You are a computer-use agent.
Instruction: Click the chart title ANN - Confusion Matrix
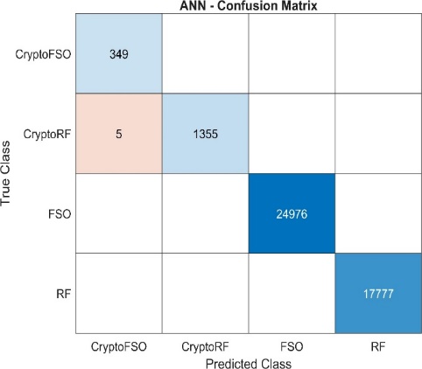(249, 5)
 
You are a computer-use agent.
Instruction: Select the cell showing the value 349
(119, 53)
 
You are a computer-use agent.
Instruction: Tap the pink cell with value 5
(119, 134)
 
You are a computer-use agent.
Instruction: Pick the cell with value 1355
(206, 134)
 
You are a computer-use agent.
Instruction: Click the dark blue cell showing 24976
(292, 213)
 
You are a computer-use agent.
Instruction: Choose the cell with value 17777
(378, 293)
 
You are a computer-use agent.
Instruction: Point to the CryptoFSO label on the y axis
(43, 54)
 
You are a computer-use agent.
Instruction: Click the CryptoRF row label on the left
(47, 135)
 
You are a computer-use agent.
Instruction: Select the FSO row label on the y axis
(60, 214)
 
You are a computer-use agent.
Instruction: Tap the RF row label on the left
(64, 294)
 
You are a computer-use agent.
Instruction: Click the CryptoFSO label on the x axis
(119, 347)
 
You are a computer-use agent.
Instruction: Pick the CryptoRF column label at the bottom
(205, 347)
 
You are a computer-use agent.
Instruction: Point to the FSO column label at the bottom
(292, 347)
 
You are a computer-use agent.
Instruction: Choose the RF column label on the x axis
(378, 347)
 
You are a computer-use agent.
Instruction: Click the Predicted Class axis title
(249, 364)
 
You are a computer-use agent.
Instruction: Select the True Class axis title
(5, 173)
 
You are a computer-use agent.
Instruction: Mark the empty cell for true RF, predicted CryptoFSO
(119, 293)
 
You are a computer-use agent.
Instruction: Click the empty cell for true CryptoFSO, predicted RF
(378, 53)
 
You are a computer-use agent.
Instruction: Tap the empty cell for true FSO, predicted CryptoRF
(206, 213)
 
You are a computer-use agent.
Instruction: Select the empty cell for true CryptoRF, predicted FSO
(292, 134)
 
